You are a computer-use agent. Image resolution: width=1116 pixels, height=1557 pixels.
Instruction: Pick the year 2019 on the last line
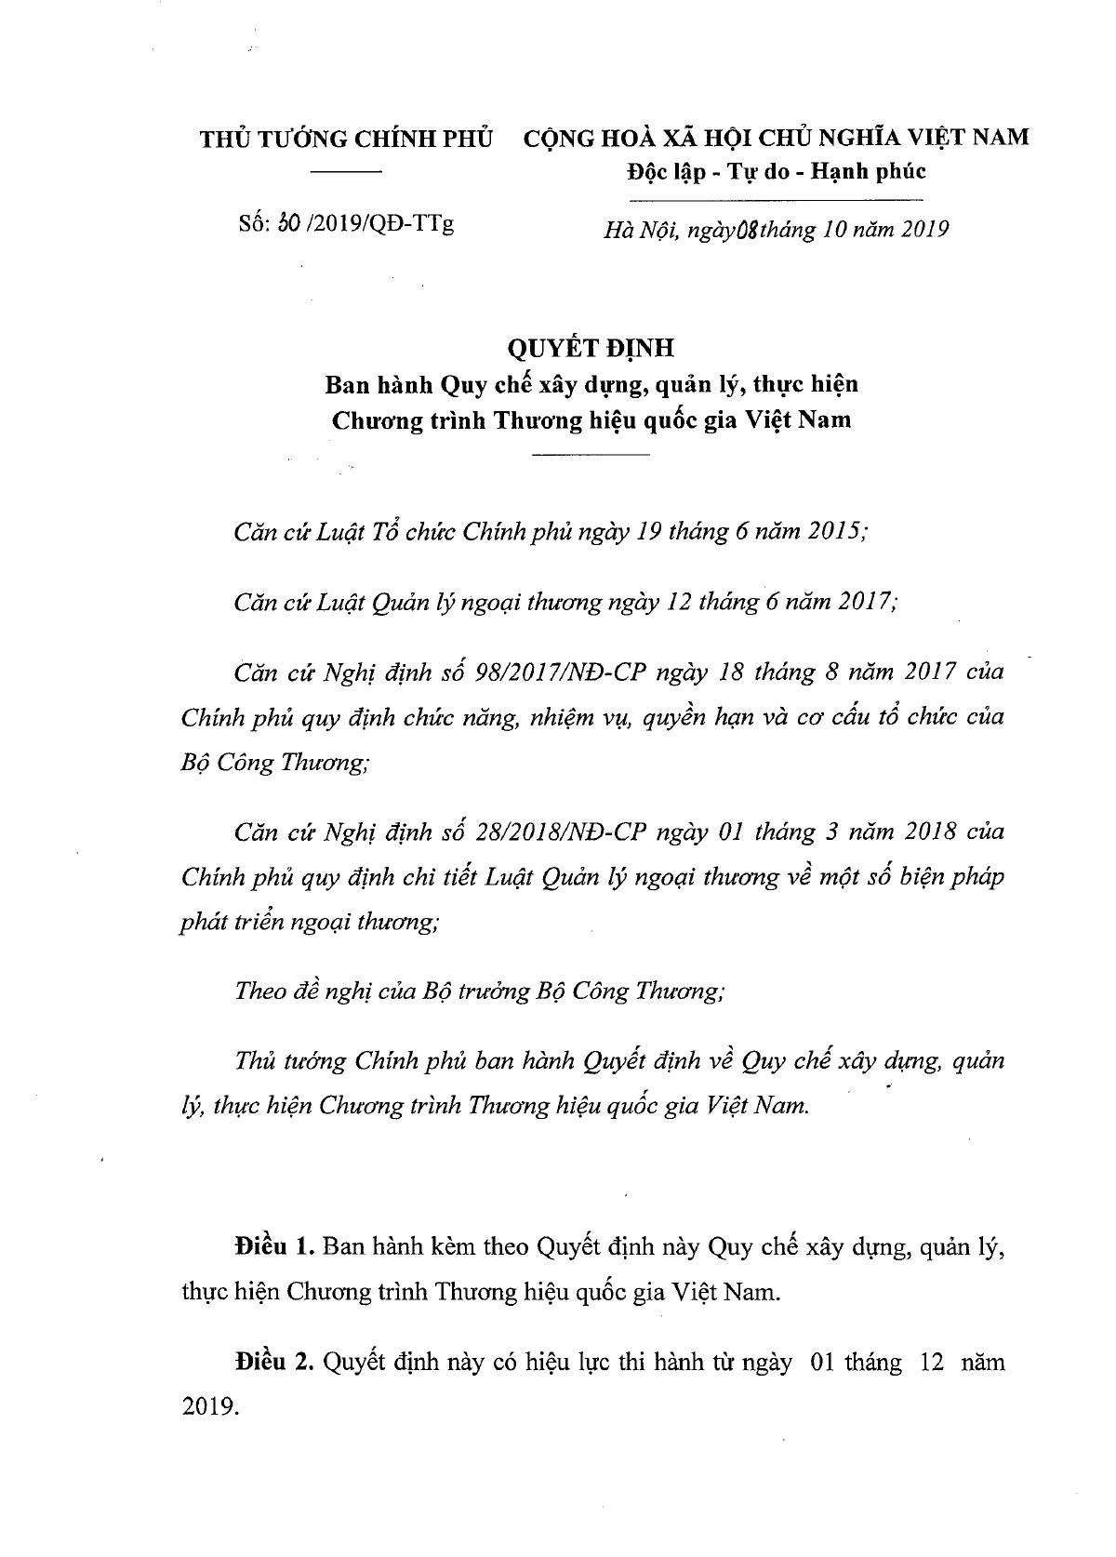click(x=206, y=1407)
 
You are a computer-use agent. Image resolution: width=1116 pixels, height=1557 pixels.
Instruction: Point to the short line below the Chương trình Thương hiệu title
click(x=591, y=454)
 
